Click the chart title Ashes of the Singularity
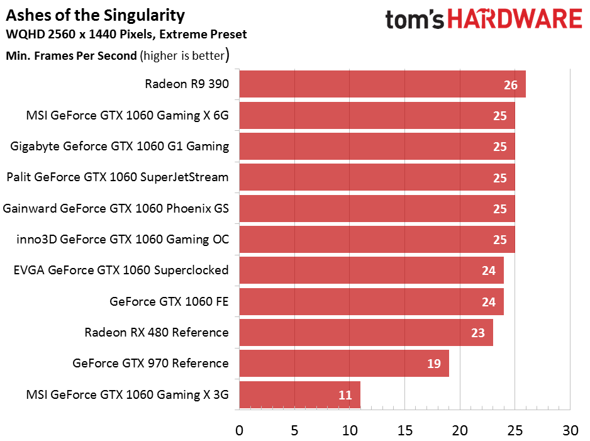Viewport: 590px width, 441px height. point(96,15)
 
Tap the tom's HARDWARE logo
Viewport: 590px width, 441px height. point(484,20)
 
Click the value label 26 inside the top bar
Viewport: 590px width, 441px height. point(510,85)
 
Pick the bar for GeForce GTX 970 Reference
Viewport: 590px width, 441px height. point(343,364)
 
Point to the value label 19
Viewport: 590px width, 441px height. point(433,364)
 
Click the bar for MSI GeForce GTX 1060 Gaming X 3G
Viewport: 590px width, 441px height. point(299,394)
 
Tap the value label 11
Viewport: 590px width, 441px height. point(345,395)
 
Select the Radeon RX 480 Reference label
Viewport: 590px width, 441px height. point(157,332)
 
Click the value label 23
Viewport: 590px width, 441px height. point(477,333)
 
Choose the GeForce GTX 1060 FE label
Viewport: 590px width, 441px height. point(169,301)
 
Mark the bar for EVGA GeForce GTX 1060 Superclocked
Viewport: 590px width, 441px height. point(371,271)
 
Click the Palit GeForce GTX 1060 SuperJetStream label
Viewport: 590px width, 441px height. point(117,177)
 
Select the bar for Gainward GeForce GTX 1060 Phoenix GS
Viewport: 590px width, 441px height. point(377,208)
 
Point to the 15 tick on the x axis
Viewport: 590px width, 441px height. point(404,430)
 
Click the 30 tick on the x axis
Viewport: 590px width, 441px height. point(570,430)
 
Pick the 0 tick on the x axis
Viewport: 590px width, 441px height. point(239,430)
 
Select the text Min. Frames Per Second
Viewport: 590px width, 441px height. point(71,55)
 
